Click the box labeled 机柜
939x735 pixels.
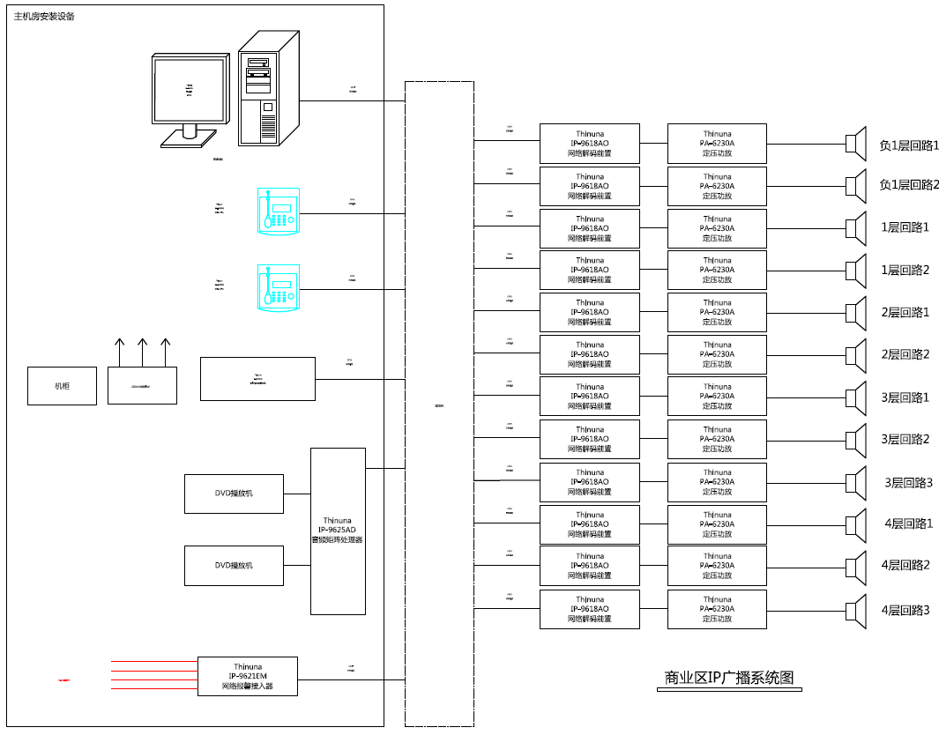tap(62, 386)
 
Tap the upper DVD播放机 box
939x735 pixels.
tap(234, 494)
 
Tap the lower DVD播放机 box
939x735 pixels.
tap(234, 566)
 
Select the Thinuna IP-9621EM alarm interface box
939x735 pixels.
tap(248, 676)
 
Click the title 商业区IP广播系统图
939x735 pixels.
tap(729, 678)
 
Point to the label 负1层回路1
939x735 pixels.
tap(909, 145)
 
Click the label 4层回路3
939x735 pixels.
tap(905, 609)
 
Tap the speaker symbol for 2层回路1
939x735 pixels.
tap(855, 313)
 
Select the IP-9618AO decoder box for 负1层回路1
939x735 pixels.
tap(590, 143)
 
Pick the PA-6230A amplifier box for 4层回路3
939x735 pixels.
tap(717, 609)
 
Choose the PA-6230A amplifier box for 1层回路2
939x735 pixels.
tap(717, 270)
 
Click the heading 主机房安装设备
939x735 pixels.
tap(44, 17)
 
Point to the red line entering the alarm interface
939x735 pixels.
tap(154, 660)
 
